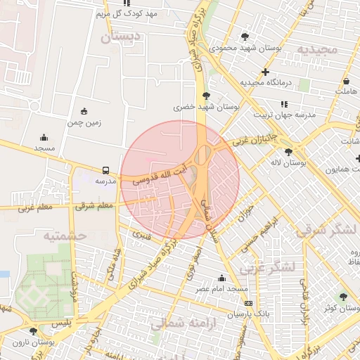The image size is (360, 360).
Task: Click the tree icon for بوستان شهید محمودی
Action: tap(245, 37)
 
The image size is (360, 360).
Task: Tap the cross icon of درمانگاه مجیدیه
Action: tap(265, 72)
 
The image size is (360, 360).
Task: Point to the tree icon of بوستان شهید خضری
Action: tap(205, 96)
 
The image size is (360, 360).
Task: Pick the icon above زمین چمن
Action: tap(85, 111)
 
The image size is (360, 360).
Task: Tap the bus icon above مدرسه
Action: tap(105, 170)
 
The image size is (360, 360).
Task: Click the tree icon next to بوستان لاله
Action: tap(288, 152)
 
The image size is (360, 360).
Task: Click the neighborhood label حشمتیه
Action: tap(65, 236)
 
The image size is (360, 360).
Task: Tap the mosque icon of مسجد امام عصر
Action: tap(222, 278)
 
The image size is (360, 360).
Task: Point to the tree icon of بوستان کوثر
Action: tap(343, 297)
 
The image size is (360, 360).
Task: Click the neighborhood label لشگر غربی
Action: tap(265, 268)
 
